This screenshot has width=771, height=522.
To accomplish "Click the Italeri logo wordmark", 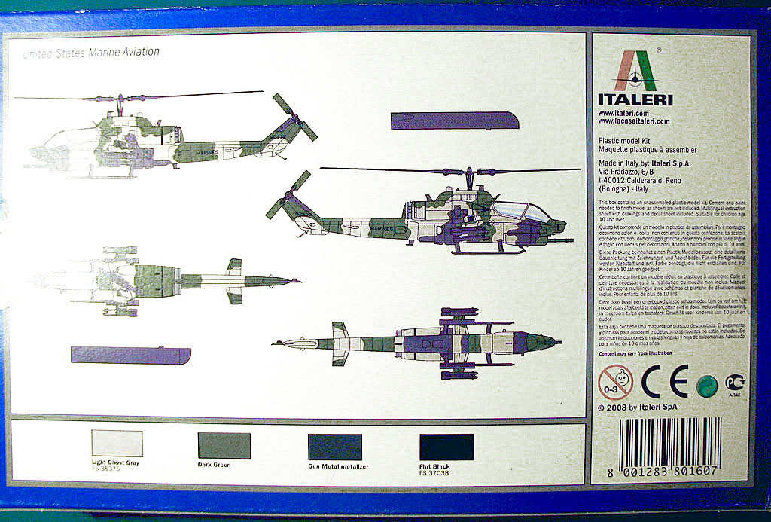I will click(635, 99).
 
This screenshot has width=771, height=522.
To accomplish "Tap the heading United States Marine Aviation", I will click(90, 53).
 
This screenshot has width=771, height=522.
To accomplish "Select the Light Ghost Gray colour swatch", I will click(116, 444).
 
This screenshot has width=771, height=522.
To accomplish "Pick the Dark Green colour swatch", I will click(224, 446).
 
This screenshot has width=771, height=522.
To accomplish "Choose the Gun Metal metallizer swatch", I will click(334, 447).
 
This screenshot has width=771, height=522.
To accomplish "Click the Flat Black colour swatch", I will click(446, 447).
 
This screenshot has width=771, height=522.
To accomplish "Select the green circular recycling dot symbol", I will click(705, 386).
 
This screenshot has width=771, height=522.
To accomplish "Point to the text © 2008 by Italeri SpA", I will click(637, 407).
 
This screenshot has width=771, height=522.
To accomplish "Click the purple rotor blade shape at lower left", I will click(130, 355).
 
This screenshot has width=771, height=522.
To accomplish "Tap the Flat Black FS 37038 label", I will click(437, 470).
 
